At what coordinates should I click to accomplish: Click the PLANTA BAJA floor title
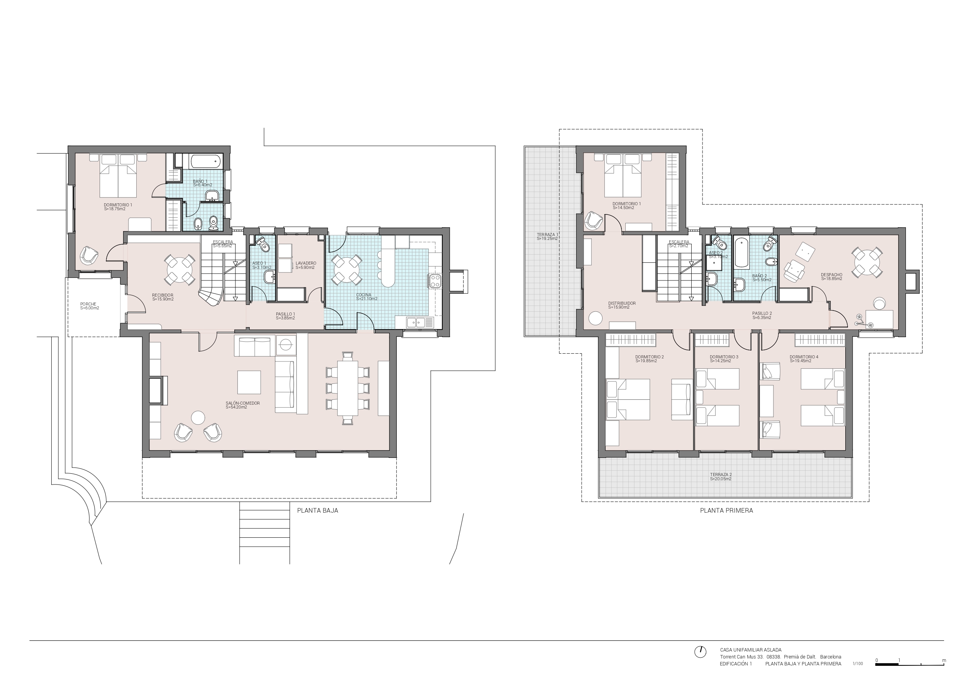coord(318,510)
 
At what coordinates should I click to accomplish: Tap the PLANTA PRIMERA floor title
coord(726,510)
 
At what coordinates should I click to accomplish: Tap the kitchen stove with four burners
coord(434,281)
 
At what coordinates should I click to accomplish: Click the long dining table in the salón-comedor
coord(347,388)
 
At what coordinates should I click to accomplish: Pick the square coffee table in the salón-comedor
coord(249,382)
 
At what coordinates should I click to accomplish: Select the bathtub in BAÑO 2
coord(742,253)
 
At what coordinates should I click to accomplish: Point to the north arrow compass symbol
coord(700,663)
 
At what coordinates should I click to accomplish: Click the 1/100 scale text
coord(858,663)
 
